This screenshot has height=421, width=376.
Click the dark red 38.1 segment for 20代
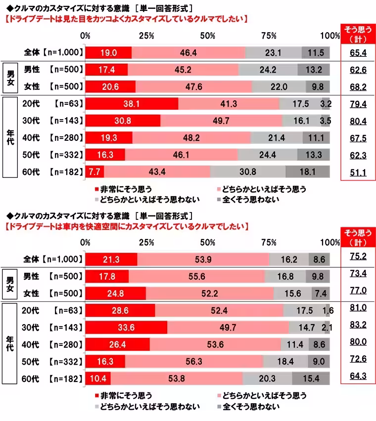(x=132, y=104)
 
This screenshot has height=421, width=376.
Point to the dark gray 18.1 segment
(x=308, y=171)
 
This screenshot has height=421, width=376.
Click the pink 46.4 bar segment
(x=188, y=52)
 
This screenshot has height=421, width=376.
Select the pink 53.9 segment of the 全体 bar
(x=203, y=259)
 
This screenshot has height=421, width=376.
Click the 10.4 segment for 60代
(x=98, y=379)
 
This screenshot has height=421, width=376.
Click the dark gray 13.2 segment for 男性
(x=314, y=70)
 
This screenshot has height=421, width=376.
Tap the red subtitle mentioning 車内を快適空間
(x=125, y=226)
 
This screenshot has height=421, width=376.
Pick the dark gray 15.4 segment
(x=311, y=379)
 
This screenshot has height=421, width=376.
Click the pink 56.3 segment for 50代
(x=194, y=362)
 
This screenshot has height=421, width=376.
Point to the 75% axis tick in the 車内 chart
(x=268, y=243)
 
